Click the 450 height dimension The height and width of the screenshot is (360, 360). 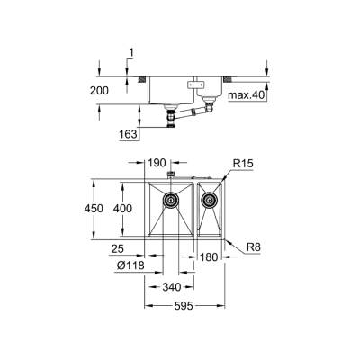click(x=107, y=208)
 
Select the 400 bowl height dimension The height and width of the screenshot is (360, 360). click(x=134, y=208)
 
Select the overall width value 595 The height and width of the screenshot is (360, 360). click(x=187, y=306)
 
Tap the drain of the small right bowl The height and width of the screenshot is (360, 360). click(x=211, y=200)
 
